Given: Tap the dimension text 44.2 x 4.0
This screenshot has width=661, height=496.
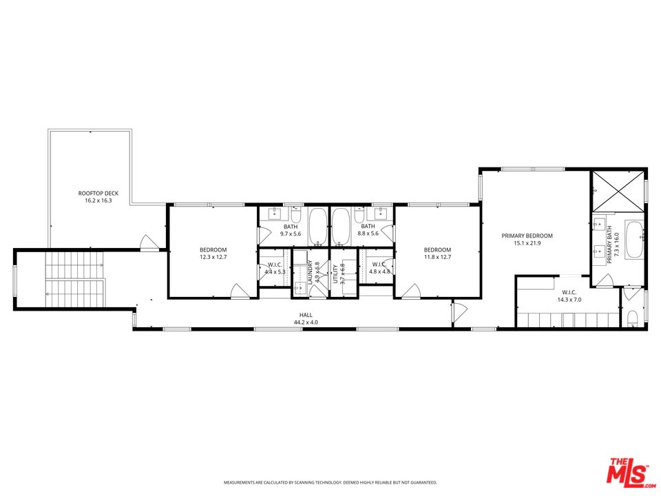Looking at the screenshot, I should coord(306,322).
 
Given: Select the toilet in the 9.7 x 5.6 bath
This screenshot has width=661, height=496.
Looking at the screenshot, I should coord(295,212).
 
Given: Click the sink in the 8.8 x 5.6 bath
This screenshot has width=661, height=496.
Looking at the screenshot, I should coord(380,211).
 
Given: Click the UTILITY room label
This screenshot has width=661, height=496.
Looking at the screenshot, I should coord(335,273).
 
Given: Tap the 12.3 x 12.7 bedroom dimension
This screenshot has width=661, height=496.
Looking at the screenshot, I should coord(213,257).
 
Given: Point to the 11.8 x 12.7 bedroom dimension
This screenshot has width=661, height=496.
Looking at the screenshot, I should coord(437,257).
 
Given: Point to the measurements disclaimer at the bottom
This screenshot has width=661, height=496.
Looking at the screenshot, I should coord(330,482).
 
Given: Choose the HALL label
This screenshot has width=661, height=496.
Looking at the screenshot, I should coord(306,314).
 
